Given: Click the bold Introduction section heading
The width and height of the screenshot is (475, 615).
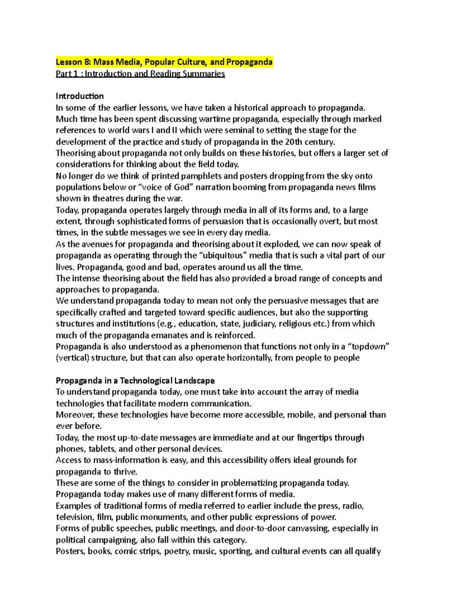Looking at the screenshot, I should (x=80, y=96).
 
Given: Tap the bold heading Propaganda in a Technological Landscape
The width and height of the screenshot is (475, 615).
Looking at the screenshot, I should (x=135, y=381).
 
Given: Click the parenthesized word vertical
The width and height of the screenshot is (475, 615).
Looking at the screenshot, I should (x=72, y=358).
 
